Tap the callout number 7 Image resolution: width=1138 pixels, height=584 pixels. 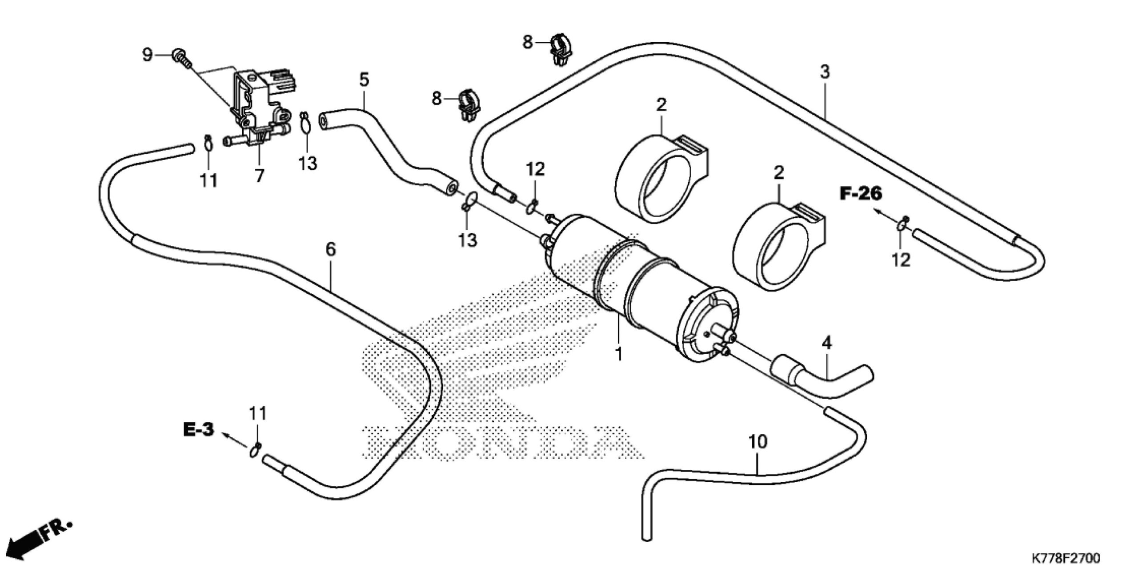pos(259,176)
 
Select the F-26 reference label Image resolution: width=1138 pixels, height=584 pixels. pos(860,193)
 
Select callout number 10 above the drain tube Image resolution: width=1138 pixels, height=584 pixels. pos(757,454)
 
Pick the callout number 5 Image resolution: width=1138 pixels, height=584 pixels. pos(364,80)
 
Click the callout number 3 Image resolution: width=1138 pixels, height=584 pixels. pos(825,72)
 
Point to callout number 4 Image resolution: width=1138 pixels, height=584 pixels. pos(827,343)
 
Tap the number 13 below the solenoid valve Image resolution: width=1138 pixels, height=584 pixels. pos(308,163)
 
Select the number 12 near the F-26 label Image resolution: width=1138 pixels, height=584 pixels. pos(901,260)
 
